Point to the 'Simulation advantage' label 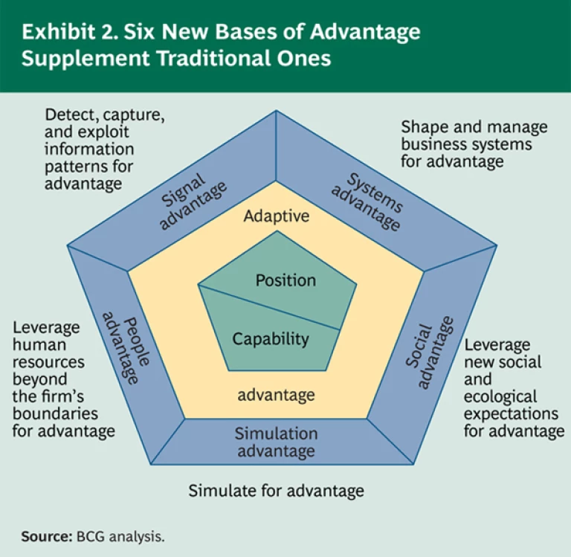(277, 442)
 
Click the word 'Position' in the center (285, 280)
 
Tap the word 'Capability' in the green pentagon (271, 339)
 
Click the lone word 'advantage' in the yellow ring (276, 394)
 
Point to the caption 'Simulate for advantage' (276, 491)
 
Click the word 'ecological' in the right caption (500, 397)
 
